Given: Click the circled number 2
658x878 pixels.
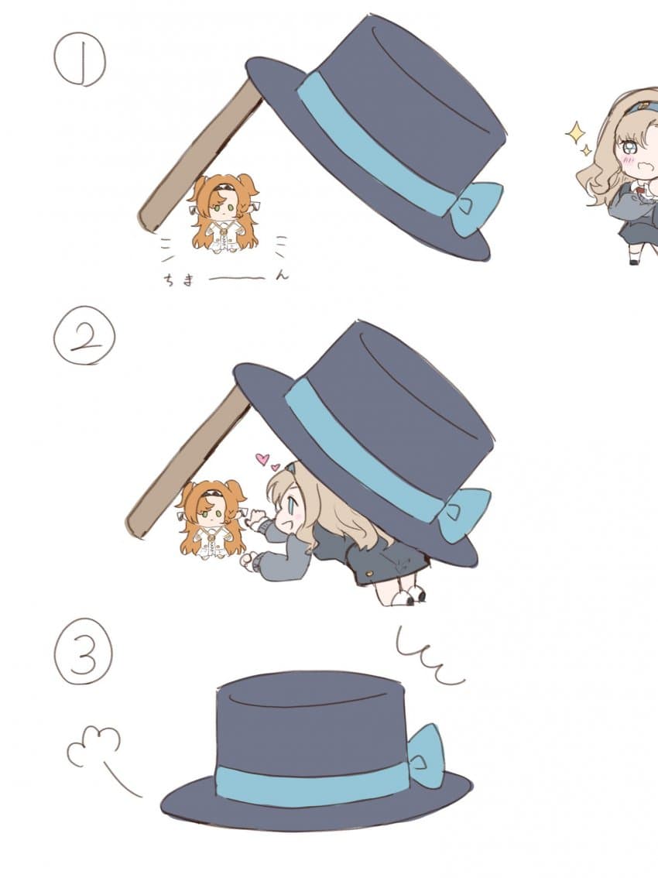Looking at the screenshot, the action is coord(84,334).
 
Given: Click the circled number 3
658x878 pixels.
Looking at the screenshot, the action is coord(83,652).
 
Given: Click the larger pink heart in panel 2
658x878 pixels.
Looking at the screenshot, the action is coord(262,459).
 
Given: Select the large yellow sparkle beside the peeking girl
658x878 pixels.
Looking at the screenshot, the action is coord(574,133).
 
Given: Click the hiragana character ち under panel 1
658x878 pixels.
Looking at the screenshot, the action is coord(169,280).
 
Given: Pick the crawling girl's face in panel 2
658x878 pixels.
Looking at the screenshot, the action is coord(290,511).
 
